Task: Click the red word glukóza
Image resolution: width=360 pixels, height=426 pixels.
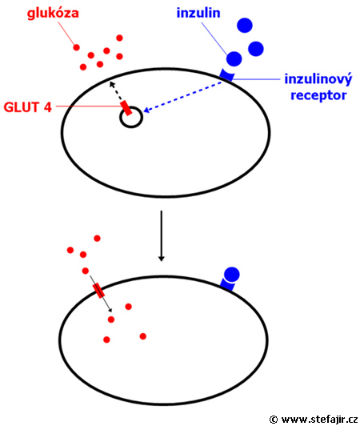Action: [x=53, y=14]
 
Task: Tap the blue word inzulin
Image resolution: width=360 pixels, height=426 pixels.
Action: [x=198, y=13]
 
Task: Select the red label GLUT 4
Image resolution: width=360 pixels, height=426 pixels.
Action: [x=27, y=107]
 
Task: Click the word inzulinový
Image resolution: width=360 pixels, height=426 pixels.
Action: [x=318, y=79]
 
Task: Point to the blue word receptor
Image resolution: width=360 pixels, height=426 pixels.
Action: [x=318, y=95]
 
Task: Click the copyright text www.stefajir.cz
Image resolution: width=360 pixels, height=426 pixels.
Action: [x=319, y=420]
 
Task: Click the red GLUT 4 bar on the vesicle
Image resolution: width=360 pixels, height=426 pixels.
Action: [x=126, y=108]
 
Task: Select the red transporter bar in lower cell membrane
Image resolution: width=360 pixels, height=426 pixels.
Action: [x=98, y=291]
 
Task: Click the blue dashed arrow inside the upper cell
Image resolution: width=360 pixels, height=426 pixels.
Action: [x=183, y=96]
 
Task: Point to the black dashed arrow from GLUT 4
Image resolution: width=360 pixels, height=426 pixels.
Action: [x=116, y=91]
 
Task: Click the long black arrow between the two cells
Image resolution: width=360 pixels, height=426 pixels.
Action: [x=162, y=235]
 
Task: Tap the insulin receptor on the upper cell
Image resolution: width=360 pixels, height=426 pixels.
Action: [x=226, y=74]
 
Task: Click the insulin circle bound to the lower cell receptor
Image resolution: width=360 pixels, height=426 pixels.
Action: [x=232, y=274]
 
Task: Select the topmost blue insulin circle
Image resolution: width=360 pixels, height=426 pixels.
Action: [x=245, y=26]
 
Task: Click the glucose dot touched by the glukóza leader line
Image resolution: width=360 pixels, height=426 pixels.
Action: [x=77, y=47]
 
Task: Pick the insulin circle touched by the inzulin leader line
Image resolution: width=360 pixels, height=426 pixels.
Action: [x=234, y=58]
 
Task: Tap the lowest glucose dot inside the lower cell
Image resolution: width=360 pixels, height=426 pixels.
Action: [x=106, y=340]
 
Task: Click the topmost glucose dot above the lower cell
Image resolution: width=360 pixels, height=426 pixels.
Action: [x=97, y=239]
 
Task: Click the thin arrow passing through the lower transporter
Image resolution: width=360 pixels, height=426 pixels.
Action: [x=101, y=293]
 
